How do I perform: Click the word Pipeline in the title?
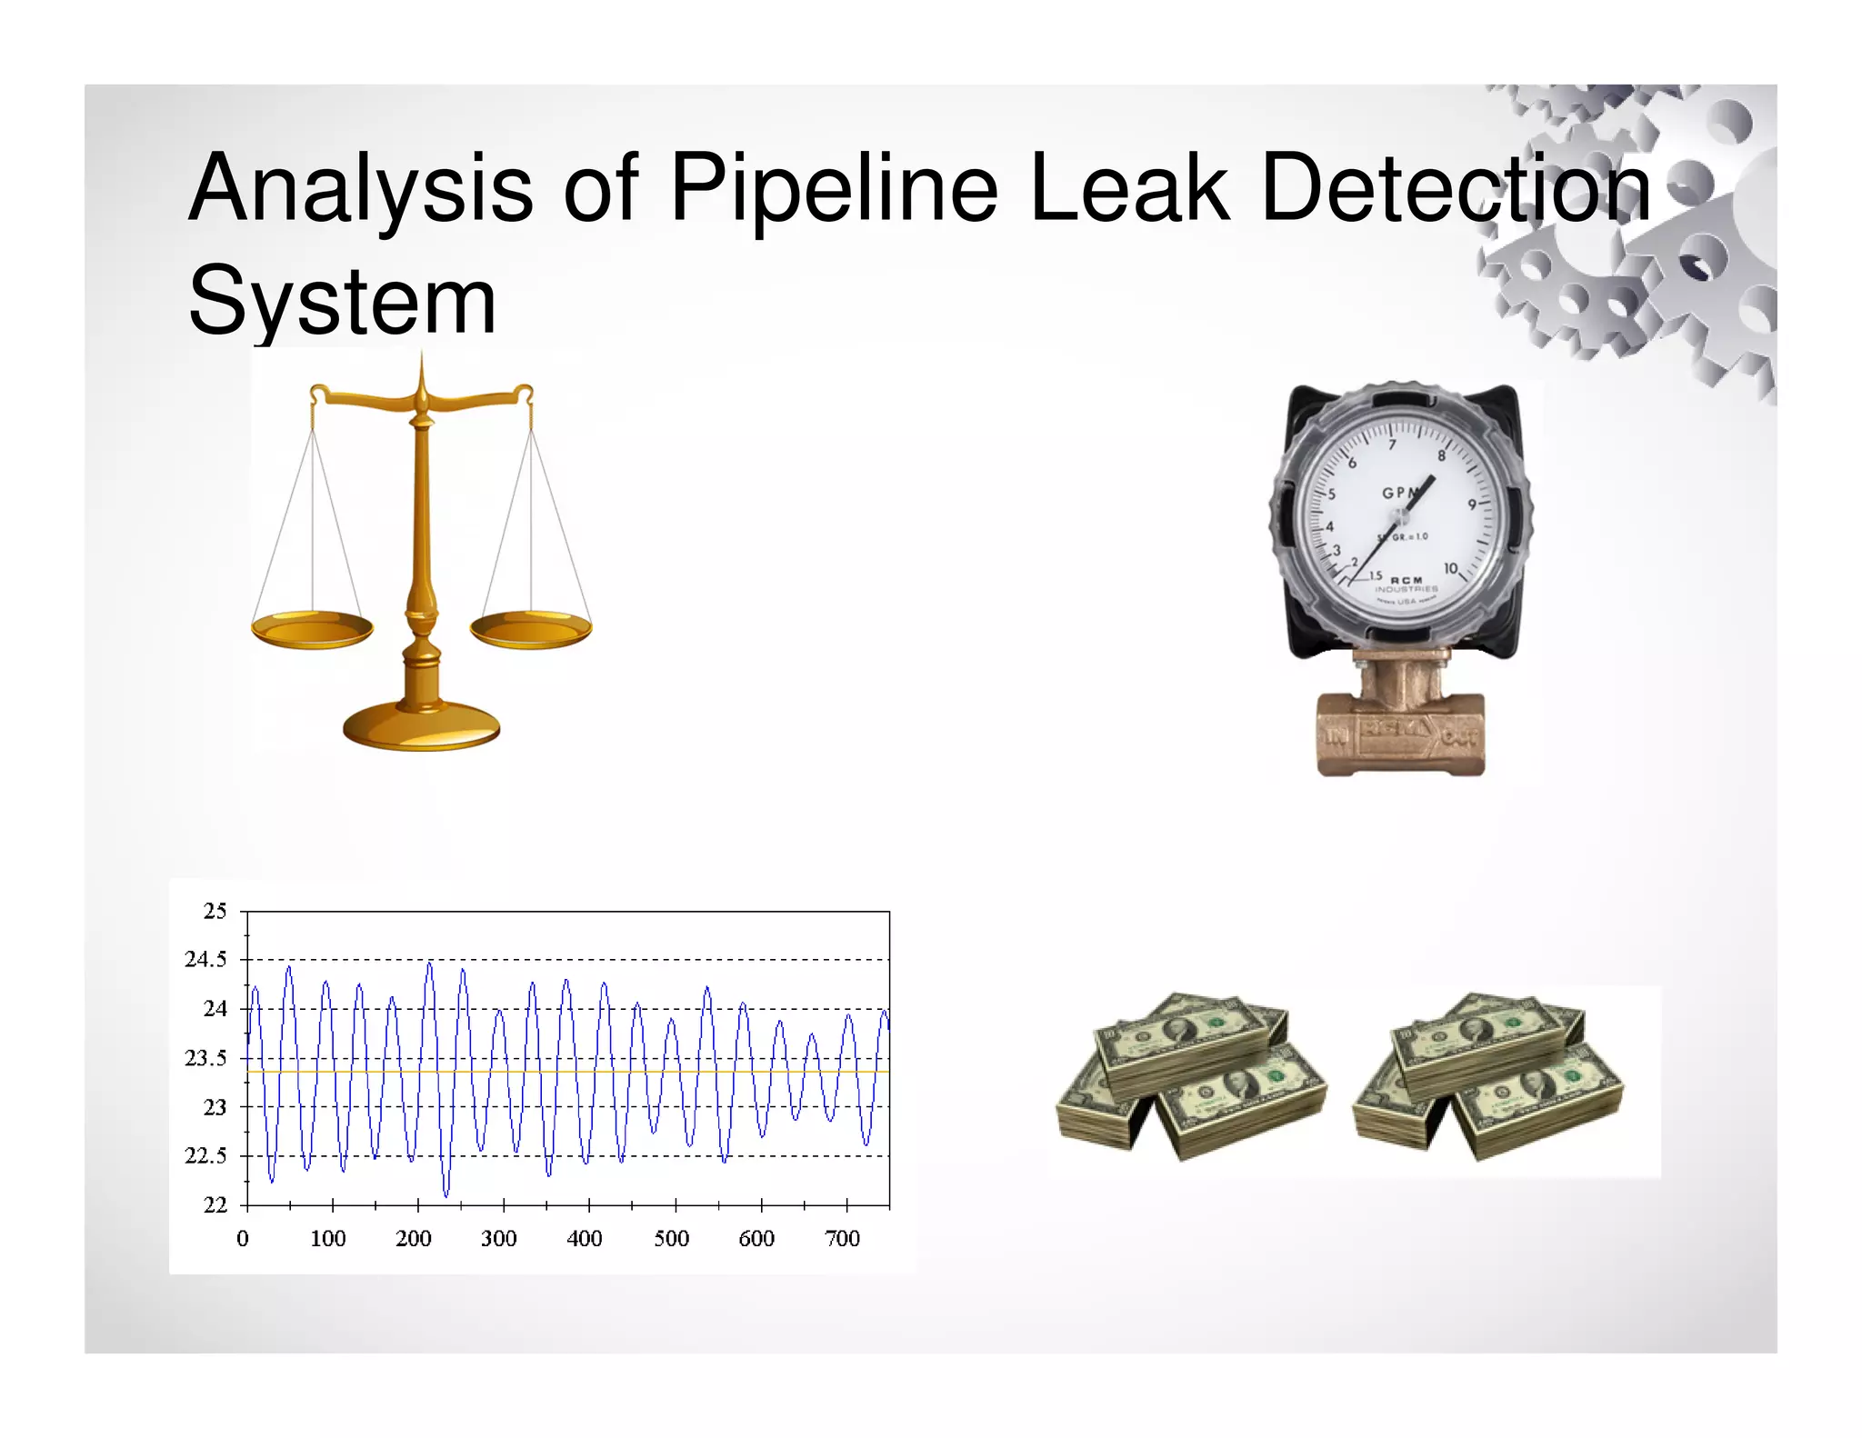click(833, 188)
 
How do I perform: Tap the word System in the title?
click(342, 301)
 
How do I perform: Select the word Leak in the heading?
click(1129, 188)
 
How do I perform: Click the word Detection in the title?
click(1457, 188)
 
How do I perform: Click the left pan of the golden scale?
click(312, 628)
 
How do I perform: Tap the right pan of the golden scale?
click(531, 628)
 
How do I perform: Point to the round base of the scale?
click(421, 726)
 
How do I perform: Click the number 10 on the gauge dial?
click(1451, 568)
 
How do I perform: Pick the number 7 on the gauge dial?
click(1392, 444)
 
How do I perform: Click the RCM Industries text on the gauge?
click(1407, 584)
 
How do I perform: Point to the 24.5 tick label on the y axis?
click(205, 959)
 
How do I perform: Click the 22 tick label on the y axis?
click(215, 1205)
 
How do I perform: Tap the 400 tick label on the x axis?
click(585, 1238)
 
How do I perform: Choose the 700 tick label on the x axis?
click(842, 1238)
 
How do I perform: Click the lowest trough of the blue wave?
click(445, 1194)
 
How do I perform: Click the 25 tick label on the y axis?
click(215, 911)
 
